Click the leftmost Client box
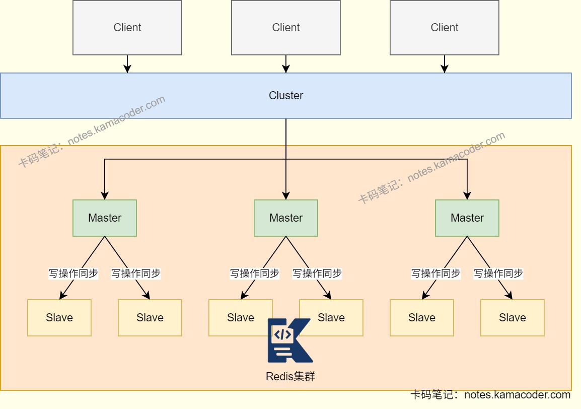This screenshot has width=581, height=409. pos(127,28)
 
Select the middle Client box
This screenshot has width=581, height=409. pos(286,28)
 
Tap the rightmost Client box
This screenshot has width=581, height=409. pos(445,28)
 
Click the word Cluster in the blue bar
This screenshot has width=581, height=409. pos(286,96)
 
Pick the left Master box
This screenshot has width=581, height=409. pos(105,218)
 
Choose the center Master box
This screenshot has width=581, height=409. pos(286,218)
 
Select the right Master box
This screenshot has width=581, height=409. pos(467,218)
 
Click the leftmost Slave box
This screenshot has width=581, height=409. pos(59,318)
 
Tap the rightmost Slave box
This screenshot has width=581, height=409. pos(513,318)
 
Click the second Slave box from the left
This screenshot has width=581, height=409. pos(150,318)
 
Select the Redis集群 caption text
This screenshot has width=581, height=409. pos(290,376)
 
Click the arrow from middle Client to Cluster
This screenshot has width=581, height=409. pos(286,64)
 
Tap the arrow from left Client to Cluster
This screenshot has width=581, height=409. pos(127,64)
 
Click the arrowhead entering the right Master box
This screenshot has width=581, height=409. pos(467,196)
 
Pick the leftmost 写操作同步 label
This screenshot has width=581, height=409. pos(73,274)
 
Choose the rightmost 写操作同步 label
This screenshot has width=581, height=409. pos(498,274)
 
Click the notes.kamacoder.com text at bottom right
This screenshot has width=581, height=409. pos(517,395)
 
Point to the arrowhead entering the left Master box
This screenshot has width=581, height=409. pos(105,196)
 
